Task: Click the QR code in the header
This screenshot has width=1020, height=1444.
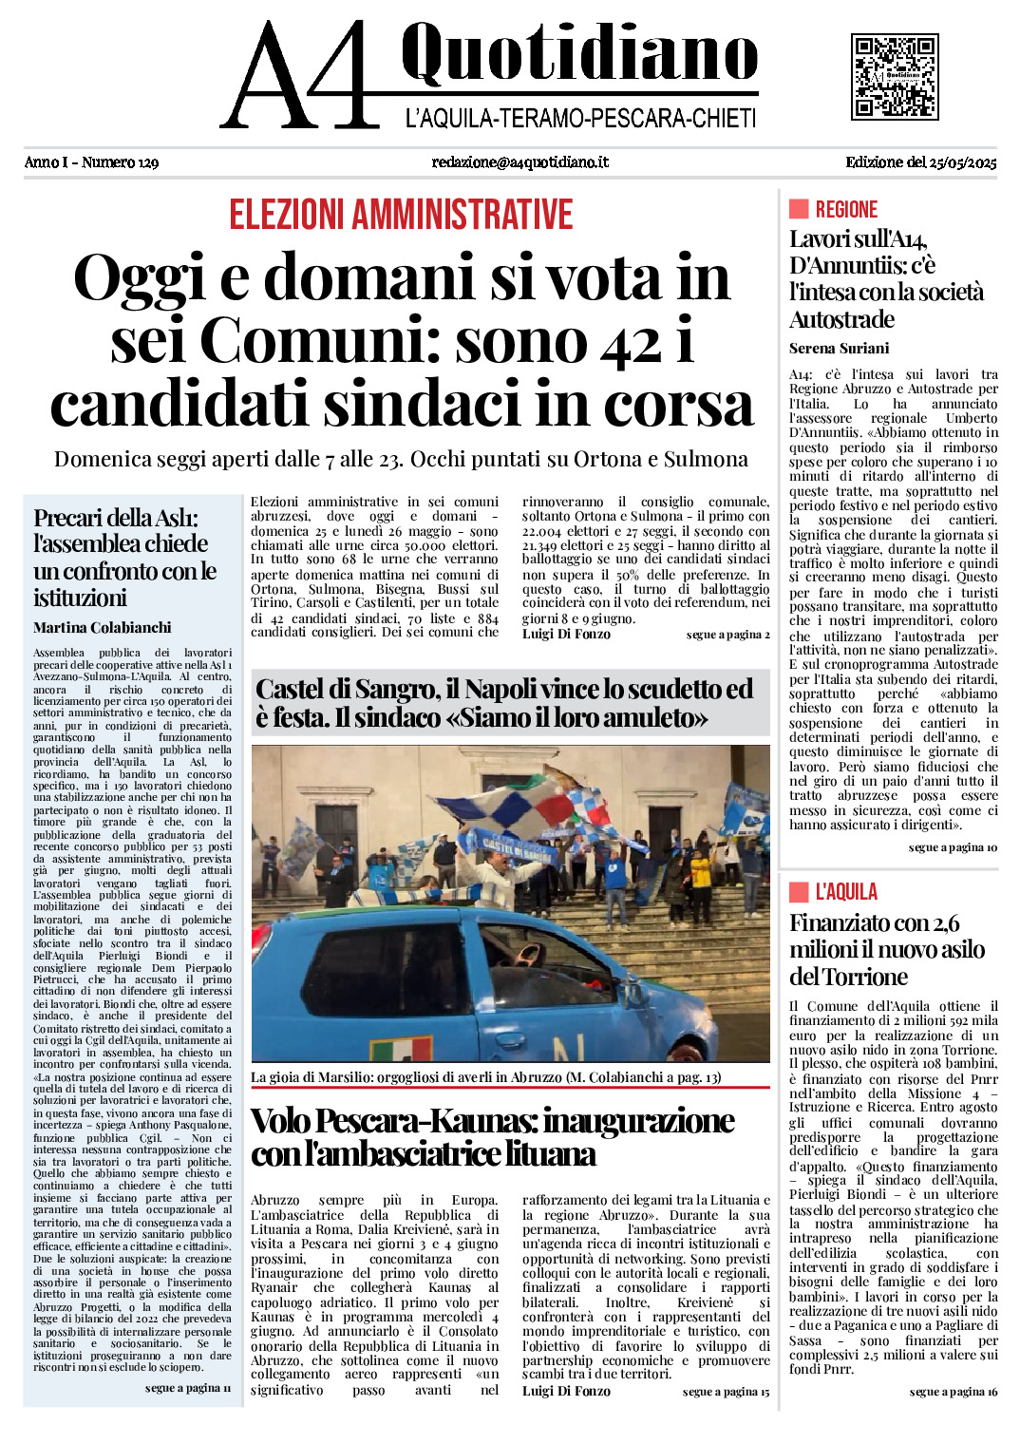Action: pyautogui.click(x=894, y=77)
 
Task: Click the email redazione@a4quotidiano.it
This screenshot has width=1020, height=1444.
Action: pyautogui.click(x=519, y=162)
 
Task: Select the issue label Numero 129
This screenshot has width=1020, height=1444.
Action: pyautogui.click(x=120, y=162)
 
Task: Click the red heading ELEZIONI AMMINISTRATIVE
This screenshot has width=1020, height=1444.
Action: pyautogui.click(x=401, y=215)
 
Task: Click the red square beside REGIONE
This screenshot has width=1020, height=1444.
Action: pyautogui.click(x=798, y=209)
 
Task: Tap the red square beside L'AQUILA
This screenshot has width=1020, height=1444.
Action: pyautogui.click(x=798, y=891)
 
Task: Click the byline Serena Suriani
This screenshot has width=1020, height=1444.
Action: pyautogui.click(x=839, y=349)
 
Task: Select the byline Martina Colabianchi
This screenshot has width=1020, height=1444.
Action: pyautogui.click(x=103, y=628)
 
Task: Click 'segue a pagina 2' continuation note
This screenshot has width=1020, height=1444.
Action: pyautogui.click(x=727, y=635)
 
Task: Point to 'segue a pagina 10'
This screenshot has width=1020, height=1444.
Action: pyautogui.click(x=953, y=847)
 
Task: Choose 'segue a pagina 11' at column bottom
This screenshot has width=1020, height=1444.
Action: pyautogui.click(x=188, y=1388)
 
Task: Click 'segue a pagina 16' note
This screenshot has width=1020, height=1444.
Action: pyautogui.click(x=953, y=1392)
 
